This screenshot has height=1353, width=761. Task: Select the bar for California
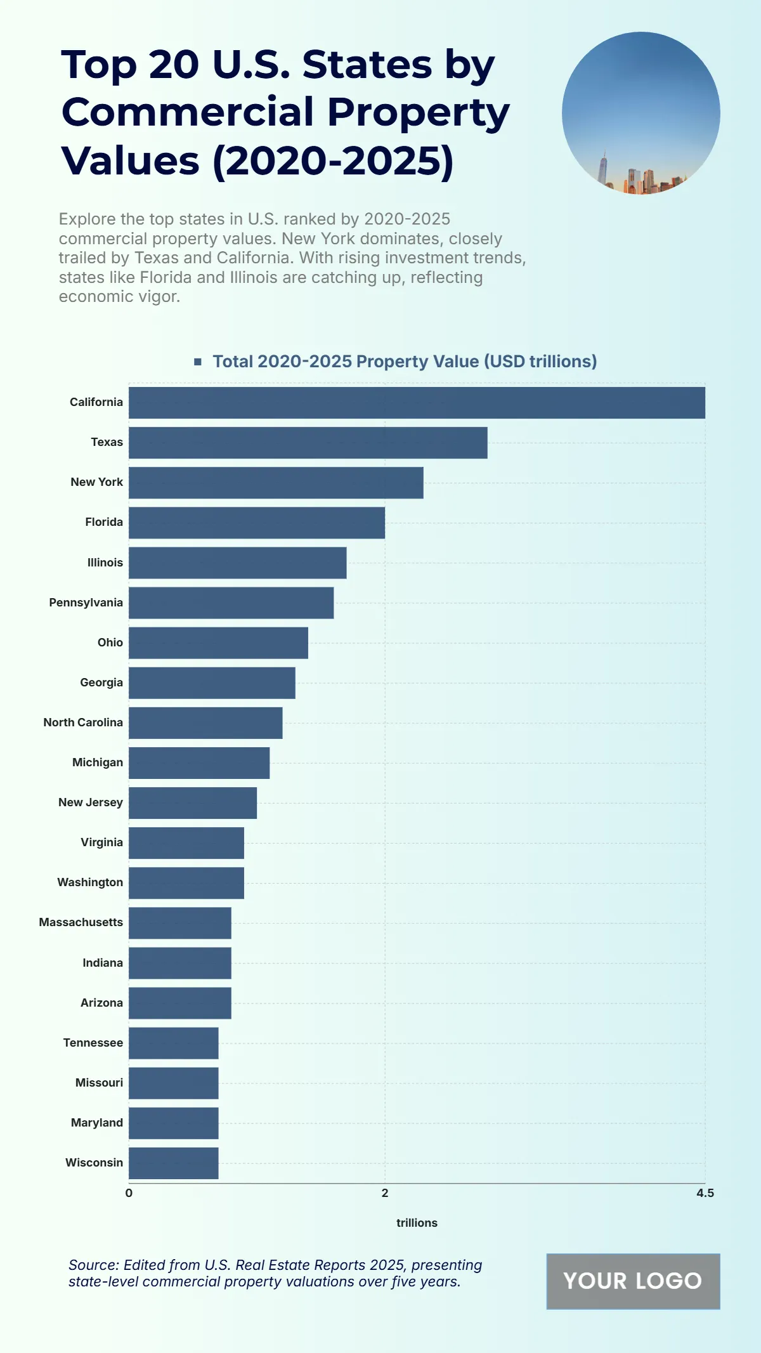click(417, 403)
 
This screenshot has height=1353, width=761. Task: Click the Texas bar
click(308, 443)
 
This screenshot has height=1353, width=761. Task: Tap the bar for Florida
click(257, 523)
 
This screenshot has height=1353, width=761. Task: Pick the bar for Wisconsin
click(174, 1163)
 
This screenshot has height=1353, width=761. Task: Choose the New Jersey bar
click(193, 803)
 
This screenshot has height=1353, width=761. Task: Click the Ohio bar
click(218, 643)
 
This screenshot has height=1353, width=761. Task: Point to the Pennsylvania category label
click(86, 603)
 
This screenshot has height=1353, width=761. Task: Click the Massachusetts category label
click(81, 922)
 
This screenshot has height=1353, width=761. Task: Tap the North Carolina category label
click(83, 722)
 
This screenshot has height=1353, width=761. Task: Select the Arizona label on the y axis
click(101, 1003)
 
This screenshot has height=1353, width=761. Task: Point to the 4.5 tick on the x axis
click(705, 1193)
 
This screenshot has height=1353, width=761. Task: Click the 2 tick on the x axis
click(385, 1193)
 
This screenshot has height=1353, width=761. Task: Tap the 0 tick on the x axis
click(129, 1193)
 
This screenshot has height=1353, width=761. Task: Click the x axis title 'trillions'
click(417, 1223)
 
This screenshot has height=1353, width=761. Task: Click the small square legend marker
click(198, 362)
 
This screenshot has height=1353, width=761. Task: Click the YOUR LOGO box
click(633, 1281)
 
